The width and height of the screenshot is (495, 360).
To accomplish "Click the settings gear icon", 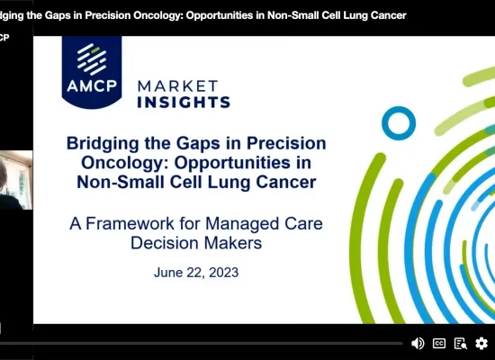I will click(481, 343).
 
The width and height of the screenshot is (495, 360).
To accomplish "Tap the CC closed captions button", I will click(439, 343).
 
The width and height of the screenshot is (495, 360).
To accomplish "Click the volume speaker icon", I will click(418, 343).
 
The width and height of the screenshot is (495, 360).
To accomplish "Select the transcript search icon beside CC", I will click(461, 343).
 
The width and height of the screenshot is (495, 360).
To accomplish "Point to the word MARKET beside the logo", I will click(176, 85).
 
